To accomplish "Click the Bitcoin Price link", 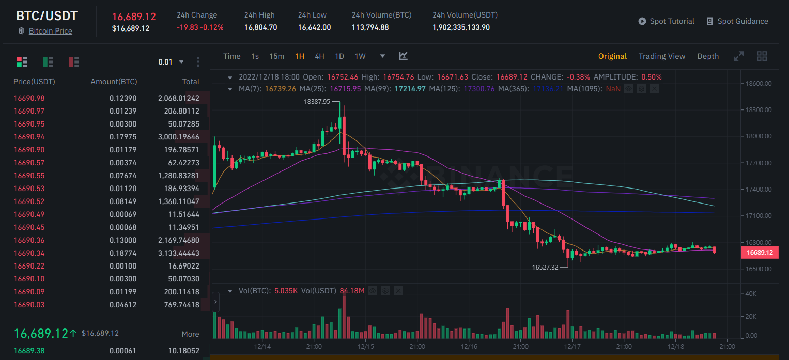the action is pos(50,31).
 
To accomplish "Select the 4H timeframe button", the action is pos(319,56).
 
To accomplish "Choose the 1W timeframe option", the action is pos(360,56).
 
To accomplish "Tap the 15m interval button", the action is pos(276,56).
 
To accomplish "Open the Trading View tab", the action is pos(662,56).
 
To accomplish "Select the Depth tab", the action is pos(708,56).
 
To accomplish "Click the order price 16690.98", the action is pos(29,98).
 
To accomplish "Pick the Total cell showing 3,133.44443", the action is pos(179,253).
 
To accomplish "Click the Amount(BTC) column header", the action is pos(114,82).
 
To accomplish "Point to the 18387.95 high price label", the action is pos(317,102).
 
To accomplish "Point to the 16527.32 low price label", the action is pos(545,268).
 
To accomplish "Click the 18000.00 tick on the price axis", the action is pos(759,136).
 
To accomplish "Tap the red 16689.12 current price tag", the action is pos(760,253).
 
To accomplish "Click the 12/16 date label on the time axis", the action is pos(469,347).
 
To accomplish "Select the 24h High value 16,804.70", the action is pos(260,27).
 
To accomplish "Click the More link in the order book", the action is pos(190,334).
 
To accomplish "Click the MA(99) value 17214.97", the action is pos(410,89).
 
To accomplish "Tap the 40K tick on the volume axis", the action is pos(751,294).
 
